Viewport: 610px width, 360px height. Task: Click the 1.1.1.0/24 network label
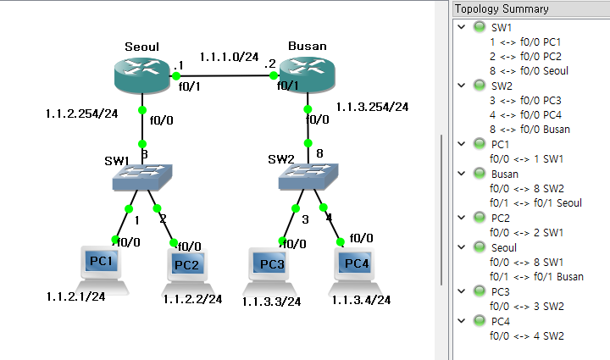tap(229, 57)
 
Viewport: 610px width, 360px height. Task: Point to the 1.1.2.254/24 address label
tap(81, 113)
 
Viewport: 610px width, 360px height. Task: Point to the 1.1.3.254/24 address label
tap(372, 107)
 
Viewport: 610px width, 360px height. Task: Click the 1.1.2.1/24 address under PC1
tap(75, 296)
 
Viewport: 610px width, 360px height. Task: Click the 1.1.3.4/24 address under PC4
tap(361, 300)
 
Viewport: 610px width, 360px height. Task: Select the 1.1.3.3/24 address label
tap(271, 301)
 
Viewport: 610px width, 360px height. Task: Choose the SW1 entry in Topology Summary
tap(502, 27)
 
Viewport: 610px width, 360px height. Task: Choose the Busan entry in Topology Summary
tap(505, 174)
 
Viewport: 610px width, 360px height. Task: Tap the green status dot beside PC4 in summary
tap(479, 322)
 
